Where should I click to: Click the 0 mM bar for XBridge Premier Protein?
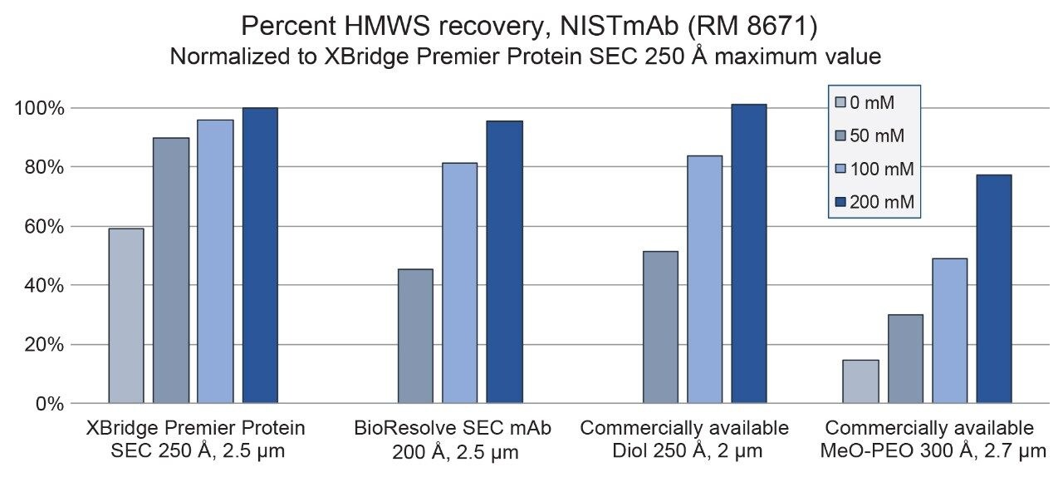[x=126, y=316]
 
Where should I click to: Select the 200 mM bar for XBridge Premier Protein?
[x=260, y=256]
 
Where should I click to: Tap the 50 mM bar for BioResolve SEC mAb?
[x=415, y=336]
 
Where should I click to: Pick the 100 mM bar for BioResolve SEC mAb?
[x=459, y=283]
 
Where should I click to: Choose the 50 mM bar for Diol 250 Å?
[x=660, y=327]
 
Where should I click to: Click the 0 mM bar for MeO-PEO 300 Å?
[x=860, y=381]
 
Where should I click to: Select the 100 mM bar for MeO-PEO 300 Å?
[x=949, y=331]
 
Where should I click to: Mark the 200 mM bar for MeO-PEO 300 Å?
[x=993, y=288]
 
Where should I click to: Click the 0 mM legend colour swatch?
[x=840, y=103]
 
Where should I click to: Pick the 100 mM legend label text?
[x=884, y=169]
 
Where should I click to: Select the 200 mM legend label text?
[x=884, y=202]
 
